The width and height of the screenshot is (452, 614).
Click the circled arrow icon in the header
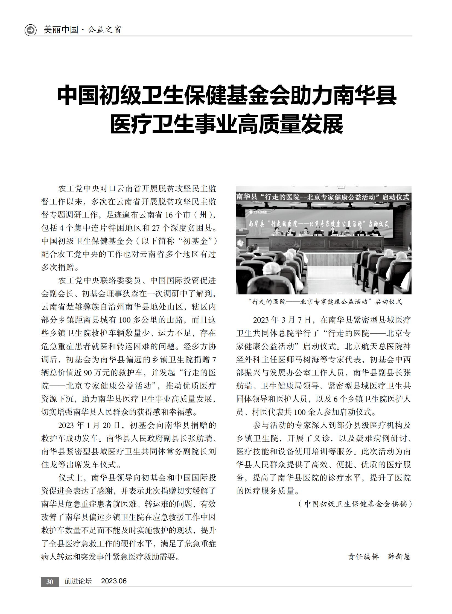pyautogui.click(x=30, y=30)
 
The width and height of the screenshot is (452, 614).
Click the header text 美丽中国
pyautogui.click(x=61, y=30)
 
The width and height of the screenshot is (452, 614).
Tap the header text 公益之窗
pyautogui.click(x=104, y=30)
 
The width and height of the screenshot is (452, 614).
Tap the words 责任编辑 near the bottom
pyautogui.click(x=363, y=557)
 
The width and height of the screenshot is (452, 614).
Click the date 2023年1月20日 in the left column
pyautogui.click(x=89, y=425)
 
